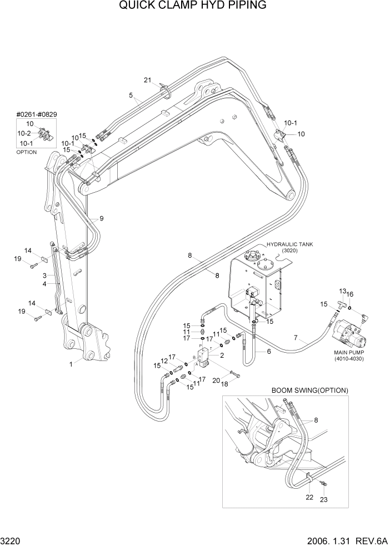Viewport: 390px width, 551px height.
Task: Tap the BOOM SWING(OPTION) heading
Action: click(309, 390)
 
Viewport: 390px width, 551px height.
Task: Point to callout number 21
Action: click(148, 80)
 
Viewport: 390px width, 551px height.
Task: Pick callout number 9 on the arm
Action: click(101, 218)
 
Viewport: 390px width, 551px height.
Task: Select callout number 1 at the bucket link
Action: click(71, 364)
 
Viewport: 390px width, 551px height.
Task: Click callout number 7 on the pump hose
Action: click(296, 338)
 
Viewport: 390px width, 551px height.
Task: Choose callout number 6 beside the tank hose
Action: click(269, 352)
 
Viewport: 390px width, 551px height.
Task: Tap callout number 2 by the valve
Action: click(222, 355)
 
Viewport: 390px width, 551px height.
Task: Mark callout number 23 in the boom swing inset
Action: click(323, 500)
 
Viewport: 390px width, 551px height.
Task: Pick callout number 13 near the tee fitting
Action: click(343, 291)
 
